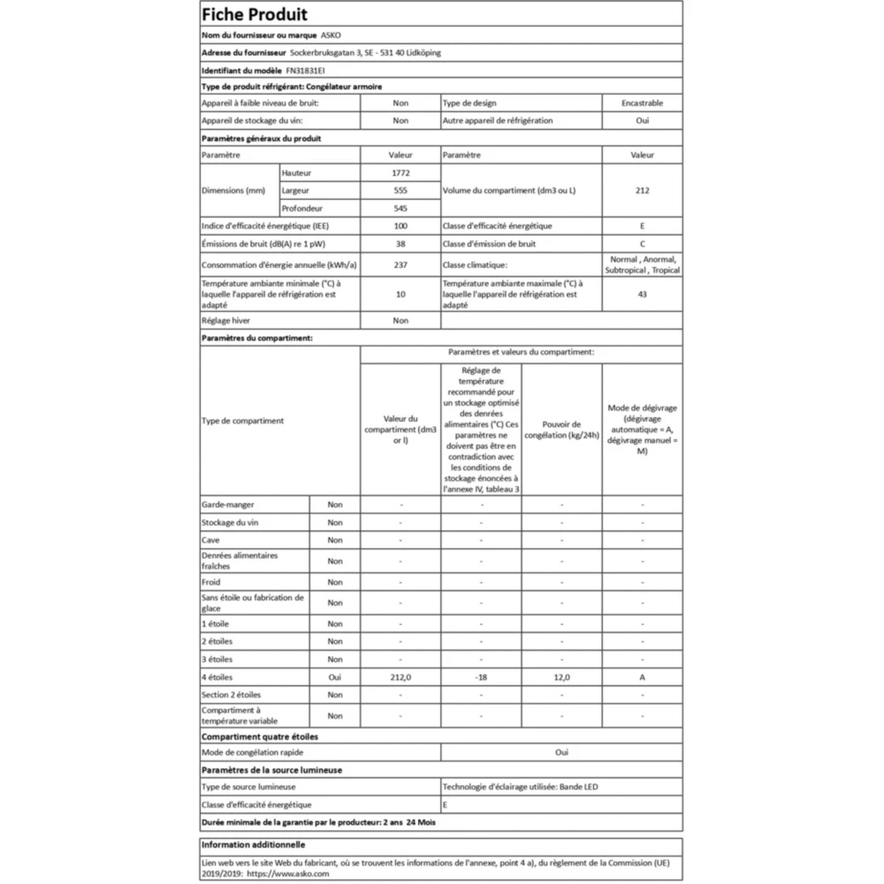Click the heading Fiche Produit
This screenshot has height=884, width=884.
(255, 15)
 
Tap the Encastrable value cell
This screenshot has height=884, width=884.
(642, 103)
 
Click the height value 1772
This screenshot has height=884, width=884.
(400, 172)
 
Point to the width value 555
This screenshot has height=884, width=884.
(400, 190)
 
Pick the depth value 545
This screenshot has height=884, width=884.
(400, 208)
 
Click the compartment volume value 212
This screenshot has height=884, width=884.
(642, 190)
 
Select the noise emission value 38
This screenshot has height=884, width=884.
(400, 244)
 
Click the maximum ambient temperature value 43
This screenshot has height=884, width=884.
(642, 293)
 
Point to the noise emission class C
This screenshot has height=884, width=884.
(642, 244)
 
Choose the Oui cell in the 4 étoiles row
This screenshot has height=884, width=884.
(334, 677)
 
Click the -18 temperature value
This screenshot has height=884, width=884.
(481, 677)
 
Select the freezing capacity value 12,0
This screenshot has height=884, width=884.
(561, 677)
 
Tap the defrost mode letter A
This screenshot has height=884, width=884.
(642, 677)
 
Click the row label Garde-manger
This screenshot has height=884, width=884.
(228, 505)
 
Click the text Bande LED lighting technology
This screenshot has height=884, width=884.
(580, 786)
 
